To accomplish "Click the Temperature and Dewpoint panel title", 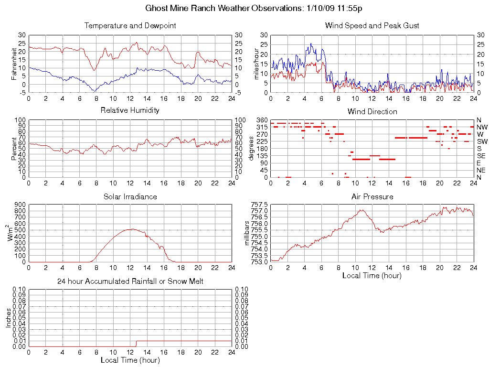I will (130, 25).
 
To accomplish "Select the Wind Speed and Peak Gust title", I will (372, 25).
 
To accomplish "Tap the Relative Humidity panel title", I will (130, 110).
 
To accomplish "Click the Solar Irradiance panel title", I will (130, 196).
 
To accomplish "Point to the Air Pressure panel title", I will (372, 196).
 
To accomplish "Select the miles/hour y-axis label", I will (256, 64).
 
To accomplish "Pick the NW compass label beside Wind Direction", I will (482, 127).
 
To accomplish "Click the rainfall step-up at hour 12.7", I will (136, 343).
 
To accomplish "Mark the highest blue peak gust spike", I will (311, 43).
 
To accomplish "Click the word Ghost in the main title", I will (157, 8).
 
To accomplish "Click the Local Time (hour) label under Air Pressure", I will (372, 275).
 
